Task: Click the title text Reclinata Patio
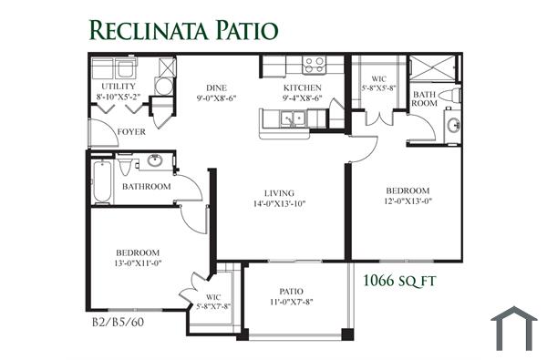(x=184, y=30)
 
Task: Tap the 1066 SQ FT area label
(x=399, y=281)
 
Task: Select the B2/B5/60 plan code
(x=118, y=322)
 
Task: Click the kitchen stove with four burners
(x=315, y=66)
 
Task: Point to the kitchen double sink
(x=293, y=118)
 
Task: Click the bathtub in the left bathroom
(x=102, y=181)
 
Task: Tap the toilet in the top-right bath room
(x=449, y=95)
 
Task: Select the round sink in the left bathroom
(x=155, y=160)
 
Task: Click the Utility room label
(x=119, y=87)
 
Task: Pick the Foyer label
(x=131, y=132)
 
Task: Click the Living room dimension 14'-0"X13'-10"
(x=280, y=203)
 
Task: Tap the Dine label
(x=216, y=87)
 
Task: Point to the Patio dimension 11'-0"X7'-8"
(x=292, y=302)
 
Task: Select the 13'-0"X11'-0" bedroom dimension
(x=138, y=263)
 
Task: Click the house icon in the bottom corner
(x=514, y=328)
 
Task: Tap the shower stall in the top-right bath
(x=432, y=68)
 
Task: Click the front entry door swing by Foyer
(x=104, y=132)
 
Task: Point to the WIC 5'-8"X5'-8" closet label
(x=378, y=84)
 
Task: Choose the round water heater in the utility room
(x=163, y=87)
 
